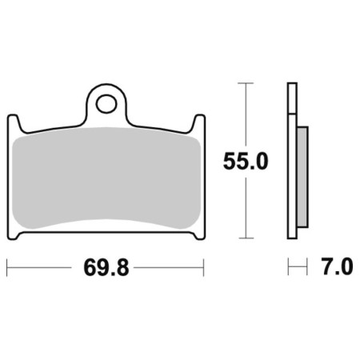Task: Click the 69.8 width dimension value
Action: click(x=106, y=268)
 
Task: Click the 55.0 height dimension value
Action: click(x=246, y=162)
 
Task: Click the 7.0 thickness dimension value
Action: click(x=338, y=266)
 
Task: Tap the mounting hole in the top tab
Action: click(x=106, y=104)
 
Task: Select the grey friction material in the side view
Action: click(x=302, y=177)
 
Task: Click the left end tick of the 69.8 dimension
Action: click(x=7, y=267)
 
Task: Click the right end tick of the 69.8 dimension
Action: click(x=203, y=267)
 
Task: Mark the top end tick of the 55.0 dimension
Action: click(x=246, y=83)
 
